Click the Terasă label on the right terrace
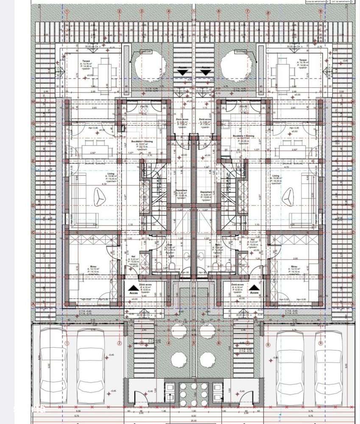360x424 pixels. coord(302,61)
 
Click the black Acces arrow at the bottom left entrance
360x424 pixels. coord(133,288)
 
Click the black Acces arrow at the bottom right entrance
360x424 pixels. coord(254,287)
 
